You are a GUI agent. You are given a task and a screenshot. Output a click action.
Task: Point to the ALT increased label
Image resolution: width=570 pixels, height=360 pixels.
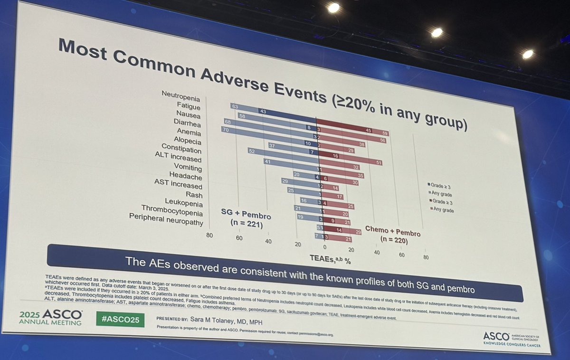coord(178,159)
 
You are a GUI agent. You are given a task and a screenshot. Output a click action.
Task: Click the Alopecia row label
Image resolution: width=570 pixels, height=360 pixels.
coord(188,141)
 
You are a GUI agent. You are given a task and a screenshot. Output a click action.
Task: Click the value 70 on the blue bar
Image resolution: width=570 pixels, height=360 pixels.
coord(225,129)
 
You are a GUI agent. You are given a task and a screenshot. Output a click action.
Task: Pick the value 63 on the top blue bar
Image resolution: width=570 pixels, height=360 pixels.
coord(234,106)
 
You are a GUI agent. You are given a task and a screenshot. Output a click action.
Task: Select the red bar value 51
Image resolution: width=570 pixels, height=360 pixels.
coord(379,162)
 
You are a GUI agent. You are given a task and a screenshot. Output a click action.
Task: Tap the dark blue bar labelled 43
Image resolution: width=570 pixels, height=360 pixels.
coord(262,111)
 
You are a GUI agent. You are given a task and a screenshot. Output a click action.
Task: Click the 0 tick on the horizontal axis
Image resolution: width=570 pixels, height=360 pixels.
coord(324,247)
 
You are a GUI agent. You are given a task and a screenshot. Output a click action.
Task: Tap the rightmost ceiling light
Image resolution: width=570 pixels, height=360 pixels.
coord(528,54)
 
